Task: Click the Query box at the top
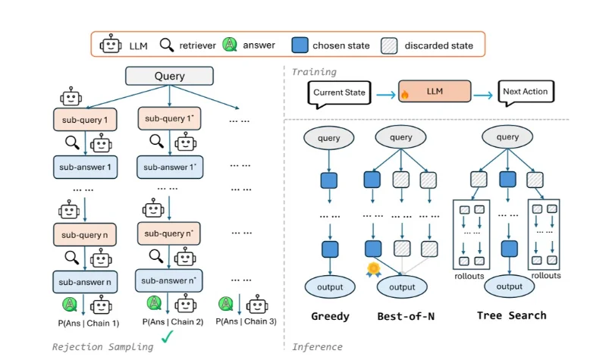[169, 77]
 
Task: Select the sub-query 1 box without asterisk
[84, 119]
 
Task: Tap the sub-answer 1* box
[169, 165]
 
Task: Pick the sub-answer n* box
[169, 280]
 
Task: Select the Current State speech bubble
[340, 93]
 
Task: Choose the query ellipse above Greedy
[328, 138]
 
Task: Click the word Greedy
[330, 315]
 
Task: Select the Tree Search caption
[511, 315]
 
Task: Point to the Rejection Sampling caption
[102, 346]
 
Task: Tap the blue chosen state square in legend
[299, 45]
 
